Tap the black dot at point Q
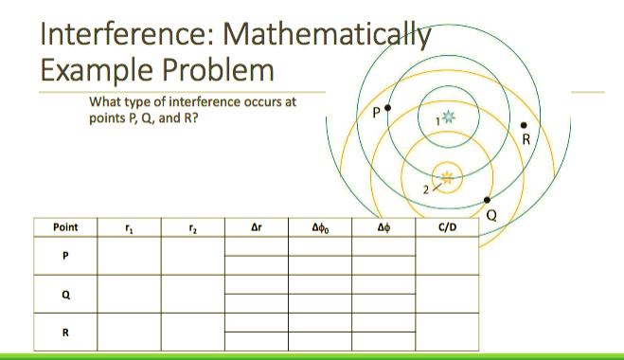(487, 200)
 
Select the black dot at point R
(525, 124)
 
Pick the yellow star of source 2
(448, 175)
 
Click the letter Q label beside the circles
(490, 214)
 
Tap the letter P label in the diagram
(377, 112)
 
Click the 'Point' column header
(66, 227)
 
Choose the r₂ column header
(191, 227)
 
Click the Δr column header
(255, 227)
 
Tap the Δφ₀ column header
(320, 227)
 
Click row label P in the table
(66, 256)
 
